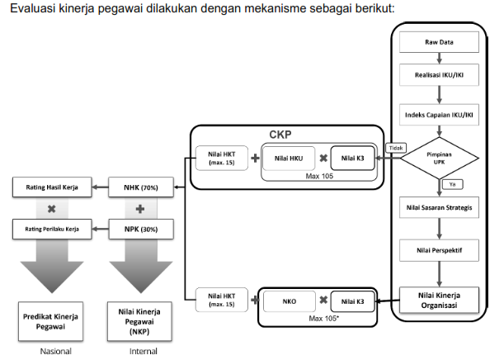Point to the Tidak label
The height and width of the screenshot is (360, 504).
tap(393, 149)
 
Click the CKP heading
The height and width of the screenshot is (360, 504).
tap(281, 134)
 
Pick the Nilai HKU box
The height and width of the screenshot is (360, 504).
tap(288, 159)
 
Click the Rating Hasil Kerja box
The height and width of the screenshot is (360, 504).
tap(51, 187)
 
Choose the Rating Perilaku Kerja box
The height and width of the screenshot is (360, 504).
tap(51, 228)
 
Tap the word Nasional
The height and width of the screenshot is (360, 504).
tap(51, 352)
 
